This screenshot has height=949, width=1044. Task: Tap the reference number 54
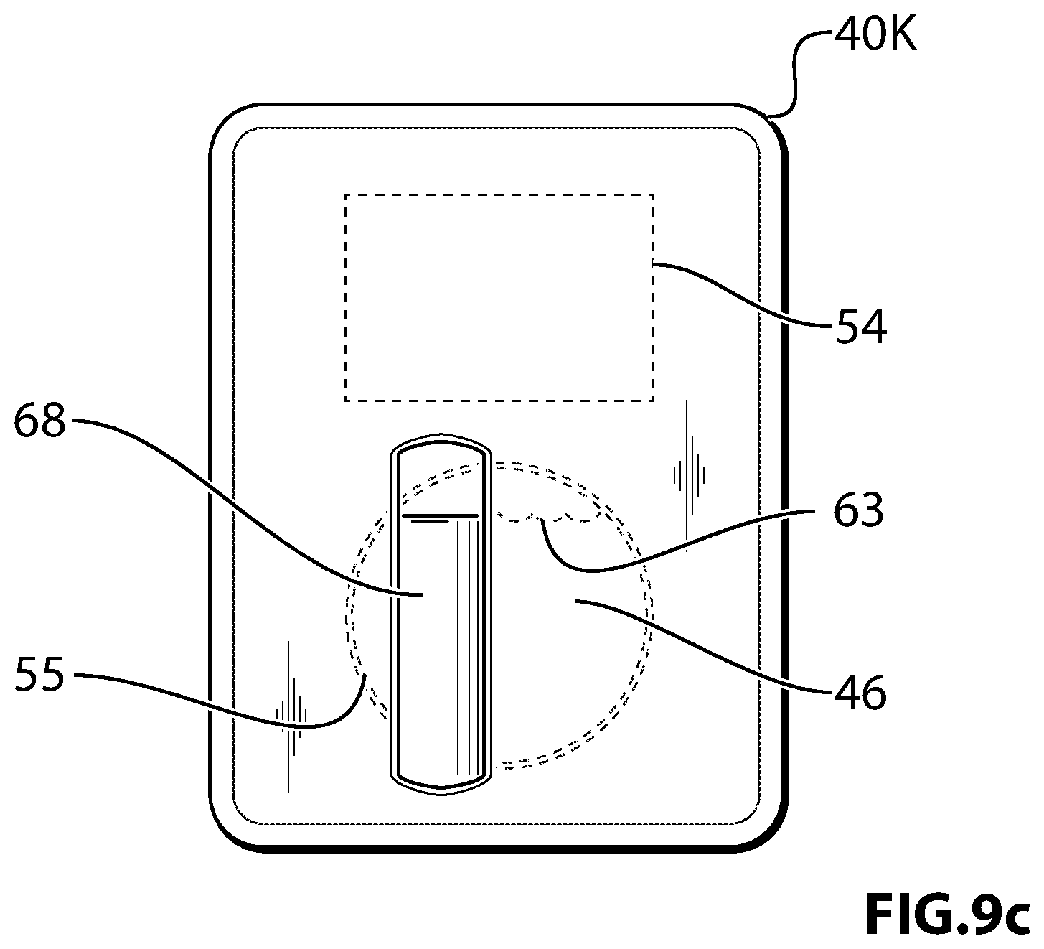[x=861, y=327]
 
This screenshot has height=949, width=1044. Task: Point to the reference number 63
[x=859, y=511]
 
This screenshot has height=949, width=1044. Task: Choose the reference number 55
[x=39, y=675]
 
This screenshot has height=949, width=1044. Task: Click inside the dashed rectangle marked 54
[x=499, y=297]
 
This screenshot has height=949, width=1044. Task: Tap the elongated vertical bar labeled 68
[x=441, y=614]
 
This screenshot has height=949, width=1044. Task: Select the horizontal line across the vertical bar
[x=441, y=515]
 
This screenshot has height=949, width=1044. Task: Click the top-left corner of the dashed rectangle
[x=346, y=195]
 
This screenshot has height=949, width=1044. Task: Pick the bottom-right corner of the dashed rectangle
[x=653, y=401]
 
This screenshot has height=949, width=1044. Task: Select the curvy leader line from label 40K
[x=795, y=73]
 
